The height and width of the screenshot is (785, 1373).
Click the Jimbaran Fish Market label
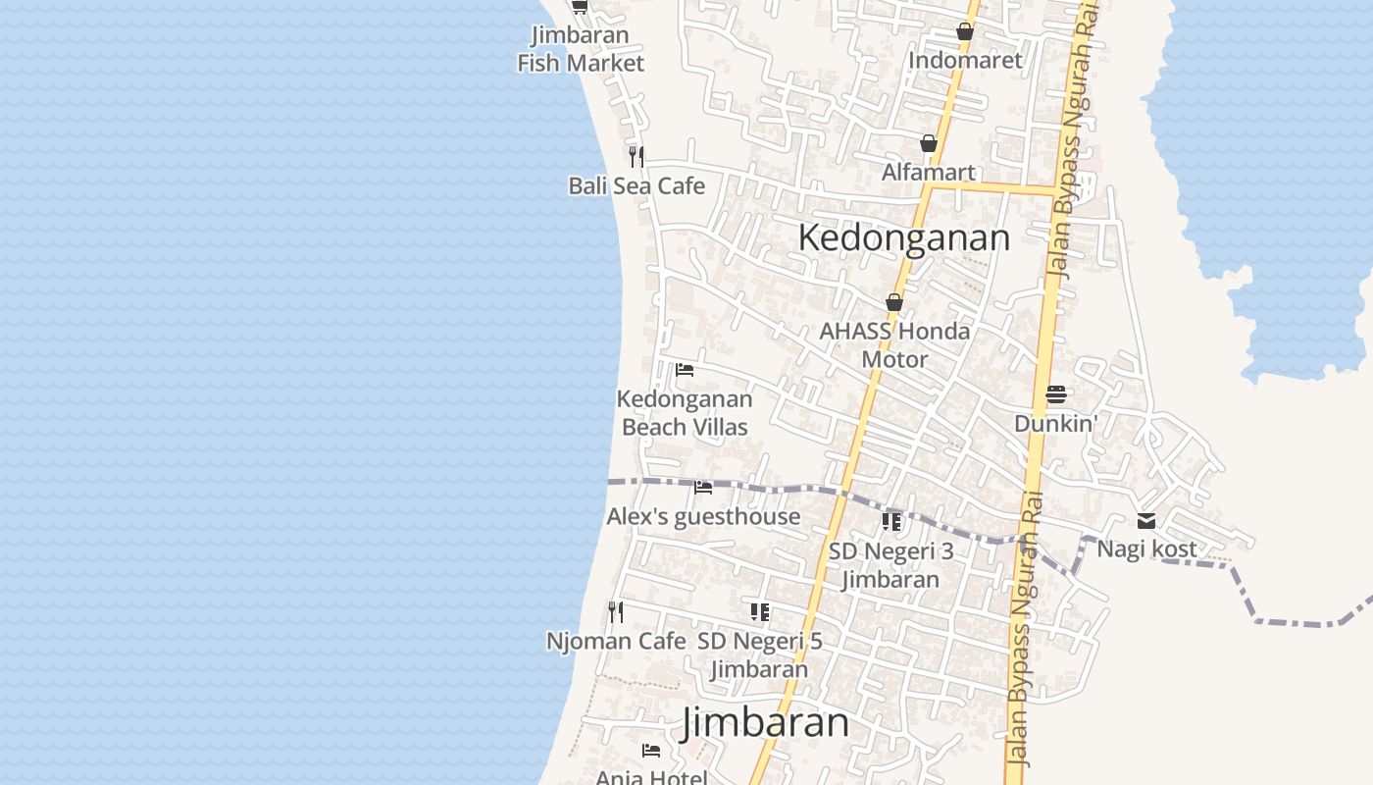pyautogui.click(x=581, y=49)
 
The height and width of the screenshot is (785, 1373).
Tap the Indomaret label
pyautogui.click(x=965, y=60)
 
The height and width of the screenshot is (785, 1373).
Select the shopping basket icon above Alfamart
pyautogui.click(x=929, y=144)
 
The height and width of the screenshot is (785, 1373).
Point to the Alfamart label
pyautogui.click(x=928, y=173)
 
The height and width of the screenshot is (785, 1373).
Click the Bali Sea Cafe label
pyautogui.click(x=636, y=185)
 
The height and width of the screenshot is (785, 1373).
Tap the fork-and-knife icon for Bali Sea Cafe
pyautogui.click(x=636, y=156)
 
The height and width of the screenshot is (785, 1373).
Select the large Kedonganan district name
pyautogui.click(x=903, y=237)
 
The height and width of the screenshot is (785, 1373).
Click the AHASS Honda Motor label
pyautogui.click(x=894, y=345)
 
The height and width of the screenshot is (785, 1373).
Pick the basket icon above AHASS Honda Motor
pyautogui.click(x=894, y=302)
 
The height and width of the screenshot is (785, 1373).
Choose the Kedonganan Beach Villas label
pyautogui.click(x=685, y=413)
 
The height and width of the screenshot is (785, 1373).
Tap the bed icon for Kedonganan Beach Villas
pyautogui.click(x=685, y=370)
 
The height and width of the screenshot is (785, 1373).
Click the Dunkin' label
pyautogui.click(x=1055, y=424)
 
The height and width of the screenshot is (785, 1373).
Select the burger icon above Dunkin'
pyautogui.click(x=1055, y=394)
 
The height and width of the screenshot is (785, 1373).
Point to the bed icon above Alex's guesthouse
pyautogui.click(x=703, y=487)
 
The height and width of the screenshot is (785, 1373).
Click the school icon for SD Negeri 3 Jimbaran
pyautogui.click(x=890, y=521)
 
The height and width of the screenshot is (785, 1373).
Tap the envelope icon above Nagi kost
pyautogui.click(x=1146, y=521)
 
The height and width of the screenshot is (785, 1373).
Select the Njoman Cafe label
pyautogui.click(x=616, y=642)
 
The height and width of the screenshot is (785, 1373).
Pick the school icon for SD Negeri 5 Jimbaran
pyautogui.click(x=760, y=612)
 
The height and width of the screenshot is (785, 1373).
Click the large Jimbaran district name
pyautogui.click(x=766, y=723)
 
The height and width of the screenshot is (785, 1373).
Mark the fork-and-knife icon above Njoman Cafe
pyautogui.click(x=616, y=612)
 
